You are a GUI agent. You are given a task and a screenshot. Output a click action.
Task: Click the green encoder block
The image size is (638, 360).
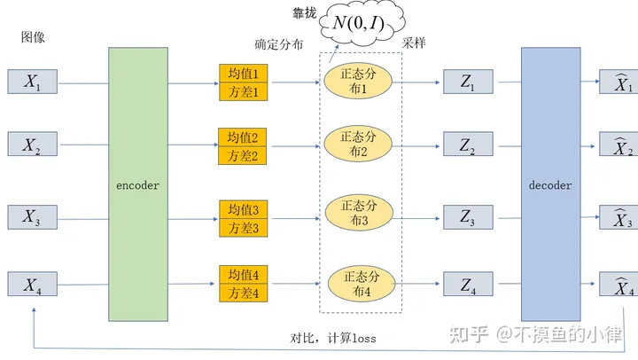[x=138, y=184]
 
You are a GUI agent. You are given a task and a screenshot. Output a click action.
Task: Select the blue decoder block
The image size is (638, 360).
[x=550, y=184]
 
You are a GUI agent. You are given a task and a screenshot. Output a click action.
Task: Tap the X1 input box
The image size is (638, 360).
[x=33, y=82]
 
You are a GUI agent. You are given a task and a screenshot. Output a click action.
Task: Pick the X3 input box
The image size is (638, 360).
[x=33, y=217]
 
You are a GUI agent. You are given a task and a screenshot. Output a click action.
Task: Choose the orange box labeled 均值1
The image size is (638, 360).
[x=244, y=74]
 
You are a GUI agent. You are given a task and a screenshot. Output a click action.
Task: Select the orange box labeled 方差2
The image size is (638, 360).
[x=243, y=155]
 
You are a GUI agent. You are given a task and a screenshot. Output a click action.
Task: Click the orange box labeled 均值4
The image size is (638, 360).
[x=244, y=275]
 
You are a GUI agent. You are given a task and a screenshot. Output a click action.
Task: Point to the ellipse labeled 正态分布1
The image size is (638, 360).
[x=358, y=81]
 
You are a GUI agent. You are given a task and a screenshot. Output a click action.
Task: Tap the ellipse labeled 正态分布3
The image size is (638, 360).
[x=359, y=213]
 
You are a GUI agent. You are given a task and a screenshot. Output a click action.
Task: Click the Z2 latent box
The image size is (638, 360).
[x=468, y=144]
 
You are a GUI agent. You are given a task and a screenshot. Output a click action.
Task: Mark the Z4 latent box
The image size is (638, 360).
[x=468, y=284]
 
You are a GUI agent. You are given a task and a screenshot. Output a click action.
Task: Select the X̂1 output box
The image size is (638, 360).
[x=619, y=82]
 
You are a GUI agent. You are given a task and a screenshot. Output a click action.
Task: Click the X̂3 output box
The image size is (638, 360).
[x=619, y=217]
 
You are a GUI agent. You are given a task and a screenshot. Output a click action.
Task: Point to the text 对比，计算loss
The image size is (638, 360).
[x=333, y=338]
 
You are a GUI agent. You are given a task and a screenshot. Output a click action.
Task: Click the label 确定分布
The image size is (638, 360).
[x=279, y=44]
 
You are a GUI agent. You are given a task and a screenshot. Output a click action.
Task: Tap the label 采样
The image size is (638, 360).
[x=414, y=43]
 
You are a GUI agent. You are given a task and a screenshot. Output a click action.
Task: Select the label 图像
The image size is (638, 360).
[x=33, y=37]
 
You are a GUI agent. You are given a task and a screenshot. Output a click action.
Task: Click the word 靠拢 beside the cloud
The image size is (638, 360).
[x=304, y=13]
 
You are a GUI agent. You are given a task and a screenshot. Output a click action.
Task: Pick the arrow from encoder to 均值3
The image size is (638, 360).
[x=193, y=220]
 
